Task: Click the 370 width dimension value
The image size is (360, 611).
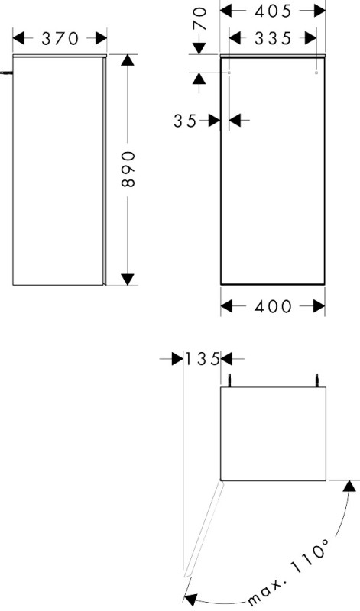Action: (60, 39)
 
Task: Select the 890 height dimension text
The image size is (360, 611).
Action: (128, 169)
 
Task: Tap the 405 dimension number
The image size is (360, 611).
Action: (273, 11)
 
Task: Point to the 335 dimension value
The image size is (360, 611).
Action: (273, 38)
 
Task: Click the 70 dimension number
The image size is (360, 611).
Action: (200, 18)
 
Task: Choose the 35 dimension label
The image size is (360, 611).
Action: (185, 121)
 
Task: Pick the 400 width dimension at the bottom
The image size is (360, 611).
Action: (273, 307)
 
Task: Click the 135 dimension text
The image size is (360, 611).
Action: (202, 359)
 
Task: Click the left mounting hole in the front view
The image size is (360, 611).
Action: (229, 73)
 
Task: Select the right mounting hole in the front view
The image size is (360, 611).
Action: (316, 73)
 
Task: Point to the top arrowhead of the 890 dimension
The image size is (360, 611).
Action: (128, 60)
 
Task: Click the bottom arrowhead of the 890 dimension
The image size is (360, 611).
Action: (128, 279)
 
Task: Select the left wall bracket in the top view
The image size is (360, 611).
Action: (231, 380)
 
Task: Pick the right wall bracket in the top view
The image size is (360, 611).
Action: (317, 380)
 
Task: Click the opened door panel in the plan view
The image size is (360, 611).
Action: (203, 529)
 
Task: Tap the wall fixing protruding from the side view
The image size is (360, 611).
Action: (7, 73)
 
